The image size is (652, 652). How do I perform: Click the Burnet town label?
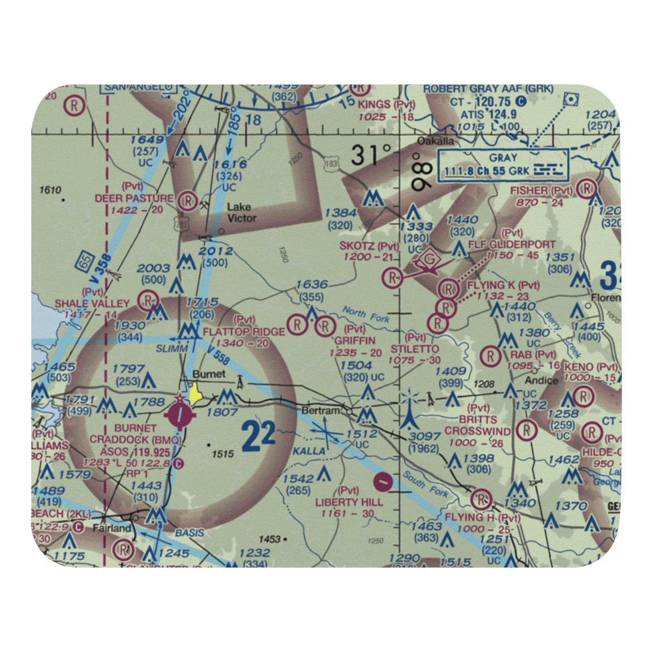point(209,375)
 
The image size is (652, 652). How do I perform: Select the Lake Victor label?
point(241,213)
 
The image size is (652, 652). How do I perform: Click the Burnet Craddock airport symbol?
point(179,413)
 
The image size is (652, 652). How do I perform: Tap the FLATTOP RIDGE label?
point(244,332)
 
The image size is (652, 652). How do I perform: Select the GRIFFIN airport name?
point(355,340)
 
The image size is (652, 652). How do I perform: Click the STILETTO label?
point(415,349)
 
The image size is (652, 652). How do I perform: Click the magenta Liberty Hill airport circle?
point(383,482)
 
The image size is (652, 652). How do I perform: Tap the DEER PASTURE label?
point(134,198)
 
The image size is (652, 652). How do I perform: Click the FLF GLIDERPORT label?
point(513,244)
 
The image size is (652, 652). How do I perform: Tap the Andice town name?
point(541,380)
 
